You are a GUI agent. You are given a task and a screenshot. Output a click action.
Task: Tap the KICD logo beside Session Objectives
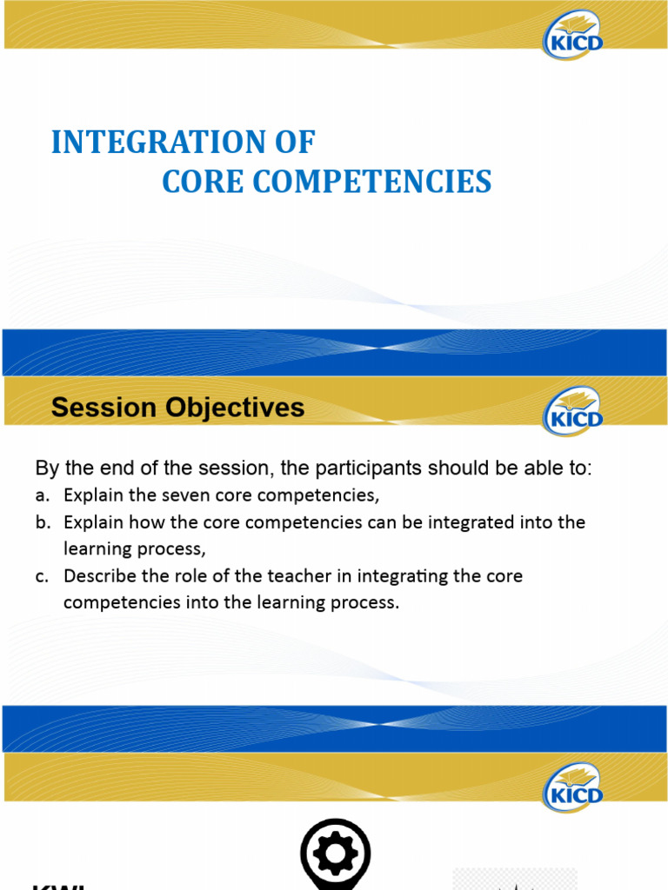pos(572,410)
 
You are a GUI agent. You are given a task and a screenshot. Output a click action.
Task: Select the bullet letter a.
pos(41,496)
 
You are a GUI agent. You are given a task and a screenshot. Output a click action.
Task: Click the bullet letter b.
pos(41,523)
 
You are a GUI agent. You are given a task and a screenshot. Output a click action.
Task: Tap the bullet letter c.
pos(41,576)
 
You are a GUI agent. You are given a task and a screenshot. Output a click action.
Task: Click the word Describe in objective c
pos(97,576)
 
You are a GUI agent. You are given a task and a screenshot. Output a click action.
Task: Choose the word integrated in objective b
pos(446,523)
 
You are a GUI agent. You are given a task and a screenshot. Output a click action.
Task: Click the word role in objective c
pos(185,576)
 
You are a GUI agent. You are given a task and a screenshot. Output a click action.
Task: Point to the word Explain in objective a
pos(91,496)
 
